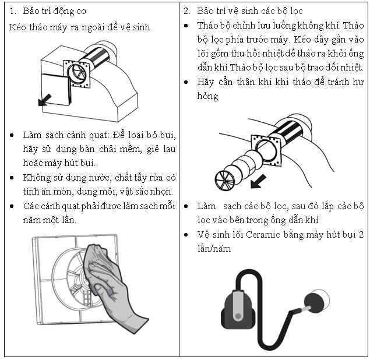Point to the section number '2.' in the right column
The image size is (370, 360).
[186, 11]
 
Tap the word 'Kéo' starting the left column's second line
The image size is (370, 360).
[17, 27]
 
